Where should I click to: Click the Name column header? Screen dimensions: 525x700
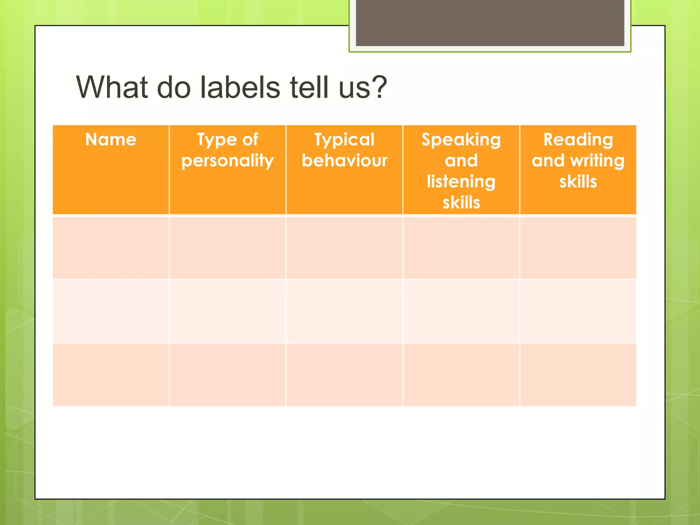click(x=111, y=140)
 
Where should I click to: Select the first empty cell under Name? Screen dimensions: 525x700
click(x=111, y=248)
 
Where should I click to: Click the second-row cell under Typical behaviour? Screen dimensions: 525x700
click(x=344, y=311)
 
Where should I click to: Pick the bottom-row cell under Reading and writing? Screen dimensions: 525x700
click(x=578, y=375)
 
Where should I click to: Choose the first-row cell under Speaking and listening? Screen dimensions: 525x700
click(x=461, y=248)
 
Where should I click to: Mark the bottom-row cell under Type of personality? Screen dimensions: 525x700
click(x=227, y=375)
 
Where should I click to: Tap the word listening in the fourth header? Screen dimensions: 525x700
click(x=461, y=181)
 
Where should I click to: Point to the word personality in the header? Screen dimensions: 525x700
click(x=227, y=161)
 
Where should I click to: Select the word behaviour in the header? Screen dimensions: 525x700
click(x=344, y=160)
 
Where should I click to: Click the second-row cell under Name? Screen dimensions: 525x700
click(x=111, y=311)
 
